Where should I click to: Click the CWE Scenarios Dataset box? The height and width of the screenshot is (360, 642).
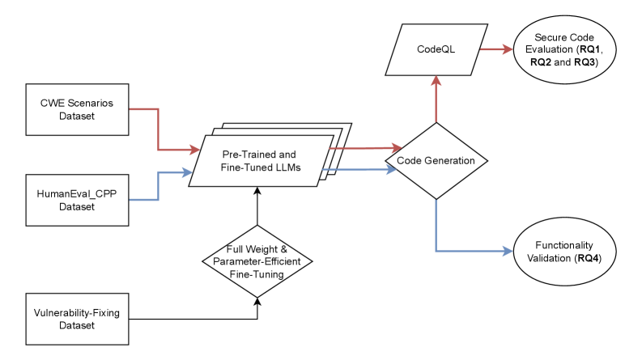77,109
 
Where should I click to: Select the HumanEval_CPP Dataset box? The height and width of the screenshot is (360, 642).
77,200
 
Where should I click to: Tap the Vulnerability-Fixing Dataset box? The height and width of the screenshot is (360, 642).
77,319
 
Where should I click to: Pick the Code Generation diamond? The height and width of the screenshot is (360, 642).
436,160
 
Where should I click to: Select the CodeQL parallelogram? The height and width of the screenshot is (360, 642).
436,49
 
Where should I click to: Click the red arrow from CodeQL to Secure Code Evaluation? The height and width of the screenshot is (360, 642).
495,49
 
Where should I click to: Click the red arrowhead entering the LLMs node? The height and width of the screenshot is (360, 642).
194,150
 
